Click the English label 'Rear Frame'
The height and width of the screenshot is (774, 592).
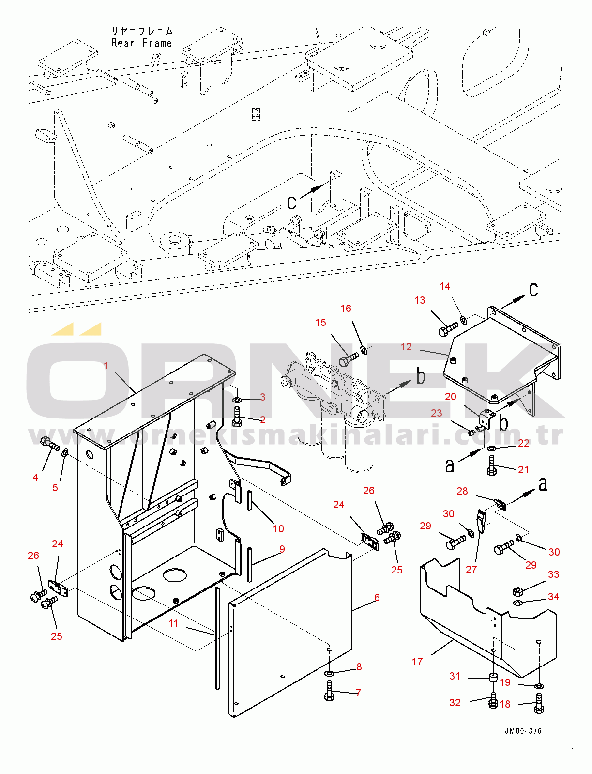pyautogui.click(x=141, y=43)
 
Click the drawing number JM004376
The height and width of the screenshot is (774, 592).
pyautogui.click(x=523, y=731)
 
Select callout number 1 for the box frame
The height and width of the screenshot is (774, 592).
pyautogui.click(x=106, y=365)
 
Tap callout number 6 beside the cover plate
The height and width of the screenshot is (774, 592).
pyautogui.click(x=377, y=597)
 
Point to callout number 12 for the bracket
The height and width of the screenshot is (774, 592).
pyautogui.click(x=406, y=347)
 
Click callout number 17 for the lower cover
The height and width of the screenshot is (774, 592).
pyautogui.click(x=417, y=661)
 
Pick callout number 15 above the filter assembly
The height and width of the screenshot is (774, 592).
pyautogui.click(x=320, y=323)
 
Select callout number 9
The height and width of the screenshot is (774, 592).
pyautogui.click(x=282, y=549)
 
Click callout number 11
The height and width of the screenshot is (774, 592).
pyautogui.click(x=173, y=623)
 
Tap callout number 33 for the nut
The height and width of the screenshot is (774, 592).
pyautogui.click(x=554, y=574)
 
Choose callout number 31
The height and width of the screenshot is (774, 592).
pyautogui.click(x=455, y=676)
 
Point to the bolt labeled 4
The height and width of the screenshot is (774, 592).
pyautogui.click(x=49, y=443)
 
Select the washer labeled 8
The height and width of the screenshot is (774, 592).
pyautogui.click(x=329, y=673)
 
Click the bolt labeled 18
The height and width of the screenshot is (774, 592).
pyautogui.click(x=539, y=703)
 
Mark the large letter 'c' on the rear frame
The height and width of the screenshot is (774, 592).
pyautogui.click(x=291, y=201)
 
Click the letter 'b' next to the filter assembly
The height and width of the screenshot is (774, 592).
pyautogui.click(x=421, y=376)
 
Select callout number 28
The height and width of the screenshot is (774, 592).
pyautogui.click(x=462, y=491)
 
